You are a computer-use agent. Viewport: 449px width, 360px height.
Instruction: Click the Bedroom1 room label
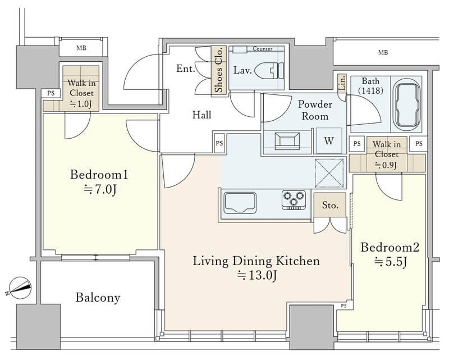click(x=99, y=175)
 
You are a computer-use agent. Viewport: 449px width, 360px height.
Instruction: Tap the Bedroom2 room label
click(x=390, y=247)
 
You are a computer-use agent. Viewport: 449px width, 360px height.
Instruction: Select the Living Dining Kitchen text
click(x=256, y=261)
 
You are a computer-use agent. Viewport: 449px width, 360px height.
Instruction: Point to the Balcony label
click(x=98, y=298)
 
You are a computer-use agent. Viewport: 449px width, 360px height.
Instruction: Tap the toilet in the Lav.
click(x=269, y=71)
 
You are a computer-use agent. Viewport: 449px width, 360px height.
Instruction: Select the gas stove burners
click(x=293, y=199)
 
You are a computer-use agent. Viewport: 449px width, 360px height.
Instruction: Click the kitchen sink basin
click(x=240, y=203)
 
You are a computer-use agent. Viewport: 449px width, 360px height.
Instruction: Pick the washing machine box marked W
click(x=329, y=141)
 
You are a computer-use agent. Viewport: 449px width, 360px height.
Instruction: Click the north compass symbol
click(x=20, y=288)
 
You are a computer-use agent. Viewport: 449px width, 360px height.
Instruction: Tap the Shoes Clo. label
click(x=218, y=71)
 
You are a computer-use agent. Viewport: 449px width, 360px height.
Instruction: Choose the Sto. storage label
click(x=330, y=205)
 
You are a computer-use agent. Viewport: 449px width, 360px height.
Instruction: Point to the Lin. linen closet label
click(x=342, y=84)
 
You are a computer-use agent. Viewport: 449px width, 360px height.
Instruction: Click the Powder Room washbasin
click(x=287, y=141)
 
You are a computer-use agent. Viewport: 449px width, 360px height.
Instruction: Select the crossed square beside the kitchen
click(x=329, y=173)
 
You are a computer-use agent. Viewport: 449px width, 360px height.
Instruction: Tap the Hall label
click(x=201, y=115)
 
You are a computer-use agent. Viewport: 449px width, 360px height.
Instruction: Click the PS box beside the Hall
click(x=219, y=143)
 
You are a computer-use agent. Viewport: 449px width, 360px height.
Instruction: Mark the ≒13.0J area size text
click(x=256, y=275)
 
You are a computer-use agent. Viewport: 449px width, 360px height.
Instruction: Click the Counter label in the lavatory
click(x=262, y=49)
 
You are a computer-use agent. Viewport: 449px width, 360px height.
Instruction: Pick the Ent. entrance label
click(x=186, y=69)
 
